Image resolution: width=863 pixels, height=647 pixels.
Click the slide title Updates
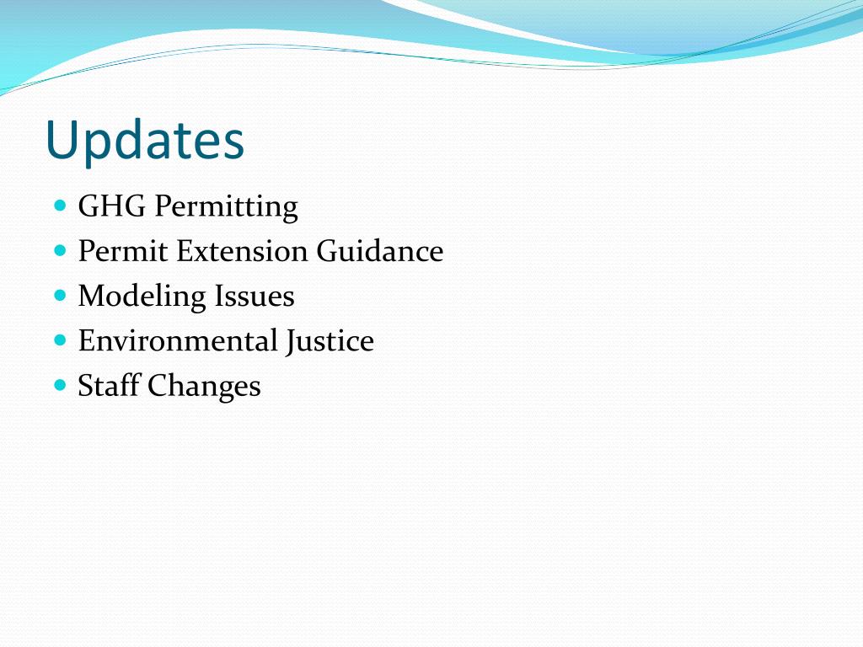[145, 141]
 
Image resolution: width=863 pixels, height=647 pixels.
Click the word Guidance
[380, 251]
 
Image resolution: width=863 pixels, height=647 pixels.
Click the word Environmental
[177, 341]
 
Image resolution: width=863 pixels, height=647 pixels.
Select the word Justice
[330, 342]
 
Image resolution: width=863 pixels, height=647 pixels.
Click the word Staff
[109, 386]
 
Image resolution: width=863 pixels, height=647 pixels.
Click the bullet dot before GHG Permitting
[60, 206]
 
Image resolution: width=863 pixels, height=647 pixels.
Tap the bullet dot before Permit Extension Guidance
[60, 251]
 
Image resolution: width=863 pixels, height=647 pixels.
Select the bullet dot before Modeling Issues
[60, 296]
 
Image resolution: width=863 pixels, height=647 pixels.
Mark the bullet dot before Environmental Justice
[60, 341]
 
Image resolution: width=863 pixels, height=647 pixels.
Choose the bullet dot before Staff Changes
[60, 386]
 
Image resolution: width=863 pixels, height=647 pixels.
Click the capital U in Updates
[63, 140]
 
